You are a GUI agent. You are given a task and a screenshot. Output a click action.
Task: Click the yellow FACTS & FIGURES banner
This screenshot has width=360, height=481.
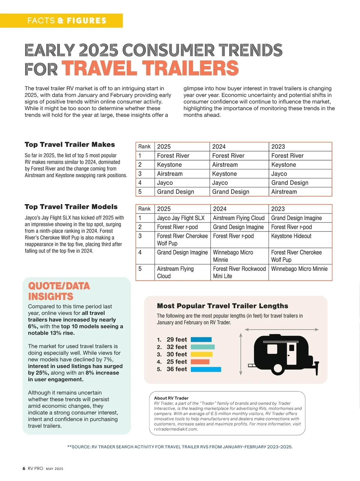[61, 21]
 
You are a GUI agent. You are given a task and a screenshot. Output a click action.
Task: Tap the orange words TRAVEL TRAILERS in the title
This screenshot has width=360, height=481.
[150, 68]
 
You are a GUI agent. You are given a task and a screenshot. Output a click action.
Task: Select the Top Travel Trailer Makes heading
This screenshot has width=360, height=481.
[70, 145]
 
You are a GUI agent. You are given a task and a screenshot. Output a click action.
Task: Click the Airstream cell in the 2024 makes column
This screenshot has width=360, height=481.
[225, 165]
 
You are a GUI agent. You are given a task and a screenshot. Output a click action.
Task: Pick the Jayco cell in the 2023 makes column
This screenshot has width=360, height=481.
[279, 174]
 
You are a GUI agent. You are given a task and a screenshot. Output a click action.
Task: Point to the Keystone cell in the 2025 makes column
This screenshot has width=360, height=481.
[169, 165]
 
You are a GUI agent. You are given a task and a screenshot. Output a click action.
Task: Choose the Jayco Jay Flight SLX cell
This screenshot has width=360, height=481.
[181, 218]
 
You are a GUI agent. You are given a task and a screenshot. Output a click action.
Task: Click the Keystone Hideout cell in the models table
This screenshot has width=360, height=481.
[291, 236]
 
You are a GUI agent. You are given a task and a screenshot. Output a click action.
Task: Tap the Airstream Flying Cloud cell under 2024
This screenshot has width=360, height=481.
[239, 218]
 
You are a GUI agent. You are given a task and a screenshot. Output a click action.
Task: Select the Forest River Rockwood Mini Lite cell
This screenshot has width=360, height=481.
[239, 272]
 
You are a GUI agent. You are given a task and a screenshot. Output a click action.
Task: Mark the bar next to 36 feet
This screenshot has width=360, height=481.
[206, 369]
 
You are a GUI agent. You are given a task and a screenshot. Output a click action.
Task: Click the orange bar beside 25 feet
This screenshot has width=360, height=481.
[200, 362]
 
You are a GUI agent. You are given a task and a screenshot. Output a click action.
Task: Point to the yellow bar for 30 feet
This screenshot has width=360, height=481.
[202, 354]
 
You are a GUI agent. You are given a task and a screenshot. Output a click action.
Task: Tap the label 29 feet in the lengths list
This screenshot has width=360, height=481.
[177, 340]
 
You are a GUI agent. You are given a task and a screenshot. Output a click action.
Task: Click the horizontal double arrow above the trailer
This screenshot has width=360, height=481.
[282, 330]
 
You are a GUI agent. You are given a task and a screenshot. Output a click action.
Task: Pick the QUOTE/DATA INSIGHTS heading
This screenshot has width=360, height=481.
[59, 291]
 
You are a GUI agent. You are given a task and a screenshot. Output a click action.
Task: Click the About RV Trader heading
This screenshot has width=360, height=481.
[171, 398]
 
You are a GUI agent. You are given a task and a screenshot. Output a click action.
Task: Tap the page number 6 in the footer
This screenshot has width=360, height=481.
[24, 468]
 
